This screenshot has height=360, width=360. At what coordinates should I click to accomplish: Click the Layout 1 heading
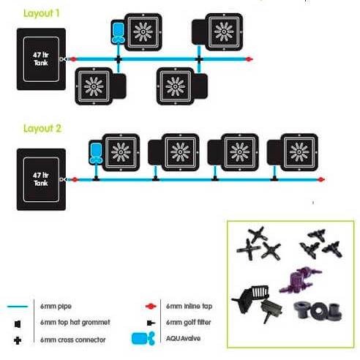point(41,13)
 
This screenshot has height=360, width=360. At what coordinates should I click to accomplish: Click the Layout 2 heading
point(42,128)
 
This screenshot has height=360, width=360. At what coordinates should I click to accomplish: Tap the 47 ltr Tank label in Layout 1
point(41,59)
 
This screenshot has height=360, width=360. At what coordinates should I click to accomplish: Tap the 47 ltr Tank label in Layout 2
point(41,179)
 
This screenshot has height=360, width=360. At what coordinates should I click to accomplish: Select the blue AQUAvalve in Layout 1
point(119,33)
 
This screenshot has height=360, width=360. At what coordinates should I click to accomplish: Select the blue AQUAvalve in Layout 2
point(96,154)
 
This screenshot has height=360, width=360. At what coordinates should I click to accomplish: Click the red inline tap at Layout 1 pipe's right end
point(249,59)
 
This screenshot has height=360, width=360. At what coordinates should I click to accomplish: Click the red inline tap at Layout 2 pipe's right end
point(320,179)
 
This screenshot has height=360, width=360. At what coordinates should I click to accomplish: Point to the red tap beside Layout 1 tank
point(73,59)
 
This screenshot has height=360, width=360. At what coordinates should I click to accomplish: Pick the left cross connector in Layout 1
point(119,59)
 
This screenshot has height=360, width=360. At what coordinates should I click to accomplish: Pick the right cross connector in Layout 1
point(199,59)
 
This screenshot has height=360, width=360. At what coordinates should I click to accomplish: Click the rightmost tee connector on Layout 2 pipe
point(274,179)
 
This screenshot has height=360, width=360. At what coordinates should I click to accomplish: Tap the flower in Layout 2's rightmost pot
point(299,152)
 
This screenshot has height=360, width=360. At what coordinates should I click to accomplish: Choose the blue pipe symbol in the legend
point(18,307)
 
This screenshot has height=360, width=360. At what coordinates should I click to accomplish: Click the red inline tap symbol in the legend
point(151,307)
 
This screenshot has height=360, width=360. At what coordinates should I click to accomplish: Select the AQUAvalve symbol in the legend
point(143,339)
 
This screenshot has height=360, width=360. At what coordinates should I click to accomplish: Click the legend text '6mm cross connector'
point(73,340)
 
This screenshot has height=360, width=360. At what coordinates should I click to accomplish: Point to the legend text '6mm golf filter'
point(189,323)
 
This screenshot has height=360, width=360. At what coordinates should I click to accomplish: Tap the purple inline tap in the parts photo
point(301,280)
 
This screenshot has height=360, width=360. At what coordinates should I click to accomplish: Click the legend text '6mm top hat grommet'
point(75,323)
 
